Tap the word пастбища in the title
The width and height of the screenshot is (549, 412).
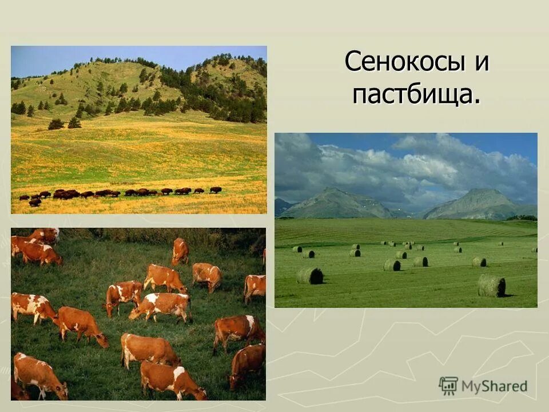[x=412, y=94]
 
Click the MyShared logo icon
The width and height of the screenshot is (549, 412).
[x=448, y=386]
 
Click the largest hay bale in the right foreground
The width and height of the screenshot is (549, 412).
[x=491, y=285]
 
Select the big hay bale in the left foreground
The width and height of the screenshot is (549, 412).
[x=309, y=276]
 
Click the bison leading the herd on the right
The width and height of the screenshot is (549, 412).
[x=215, y=189]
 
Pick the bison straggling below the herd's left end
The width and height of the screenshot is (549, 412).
[x=34, y=202]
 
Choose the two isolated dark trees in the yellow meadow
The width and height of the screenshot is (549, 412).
[x=64, y=124]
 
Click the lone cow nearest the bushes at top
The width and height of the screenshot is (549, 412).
[x=180, y=251]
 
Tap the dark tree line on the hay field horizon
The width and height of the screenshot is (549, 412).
[x=521, y=217]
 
